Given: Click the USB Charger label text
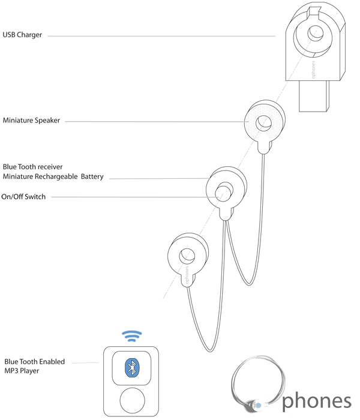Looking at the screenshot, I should tap(22, 35).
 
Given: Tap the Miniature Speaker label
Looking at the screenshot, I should tap(31, 121).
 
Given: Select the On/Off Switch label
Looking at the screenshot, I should tap(23, 197).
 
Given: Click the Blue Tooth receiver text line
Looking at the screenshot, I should tap(32, 166).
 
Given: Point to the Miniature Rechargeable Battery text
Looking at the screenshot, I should tap(53, 176).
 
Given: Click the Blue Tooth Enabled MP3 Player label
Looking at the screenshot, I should tap(34, 367).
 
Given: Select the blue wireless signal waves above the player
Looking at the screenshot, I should tap(132, 335).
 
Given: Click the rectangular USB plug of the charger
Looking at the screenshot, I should tap(314, 96).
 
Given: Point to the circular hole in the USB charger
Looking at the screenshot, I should tap(315, 34).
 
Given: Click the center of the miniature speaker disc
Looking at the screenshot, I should tap(263, 122).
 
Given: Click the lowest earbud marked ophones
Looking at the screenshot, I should tap(187, 256).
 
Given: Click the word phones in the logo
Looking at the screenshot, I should tap(316, 401).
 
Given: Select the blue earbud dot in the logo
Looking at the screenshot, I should tap(258, 406).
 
